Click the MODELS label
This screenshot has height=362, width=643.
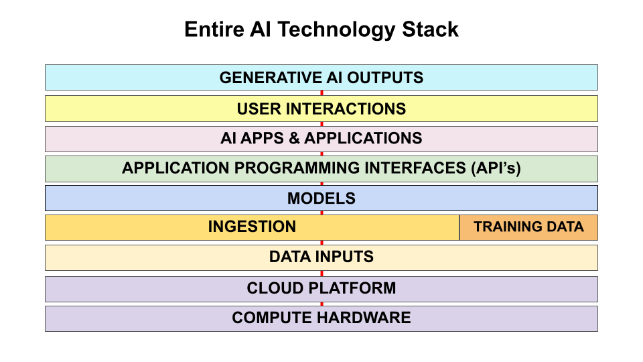coord(321,198)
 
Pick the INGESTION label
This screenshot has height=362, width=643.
coord(252,227)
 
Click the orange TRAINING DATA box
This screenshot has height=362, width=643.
coord(528,227)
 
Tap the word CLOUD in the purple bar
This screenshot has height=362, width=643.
coord(271,288)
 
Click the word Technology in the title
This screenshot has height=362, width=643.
coord(331,30)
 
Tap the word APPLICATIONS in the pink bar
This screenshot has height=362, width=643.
coord(363,139)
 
